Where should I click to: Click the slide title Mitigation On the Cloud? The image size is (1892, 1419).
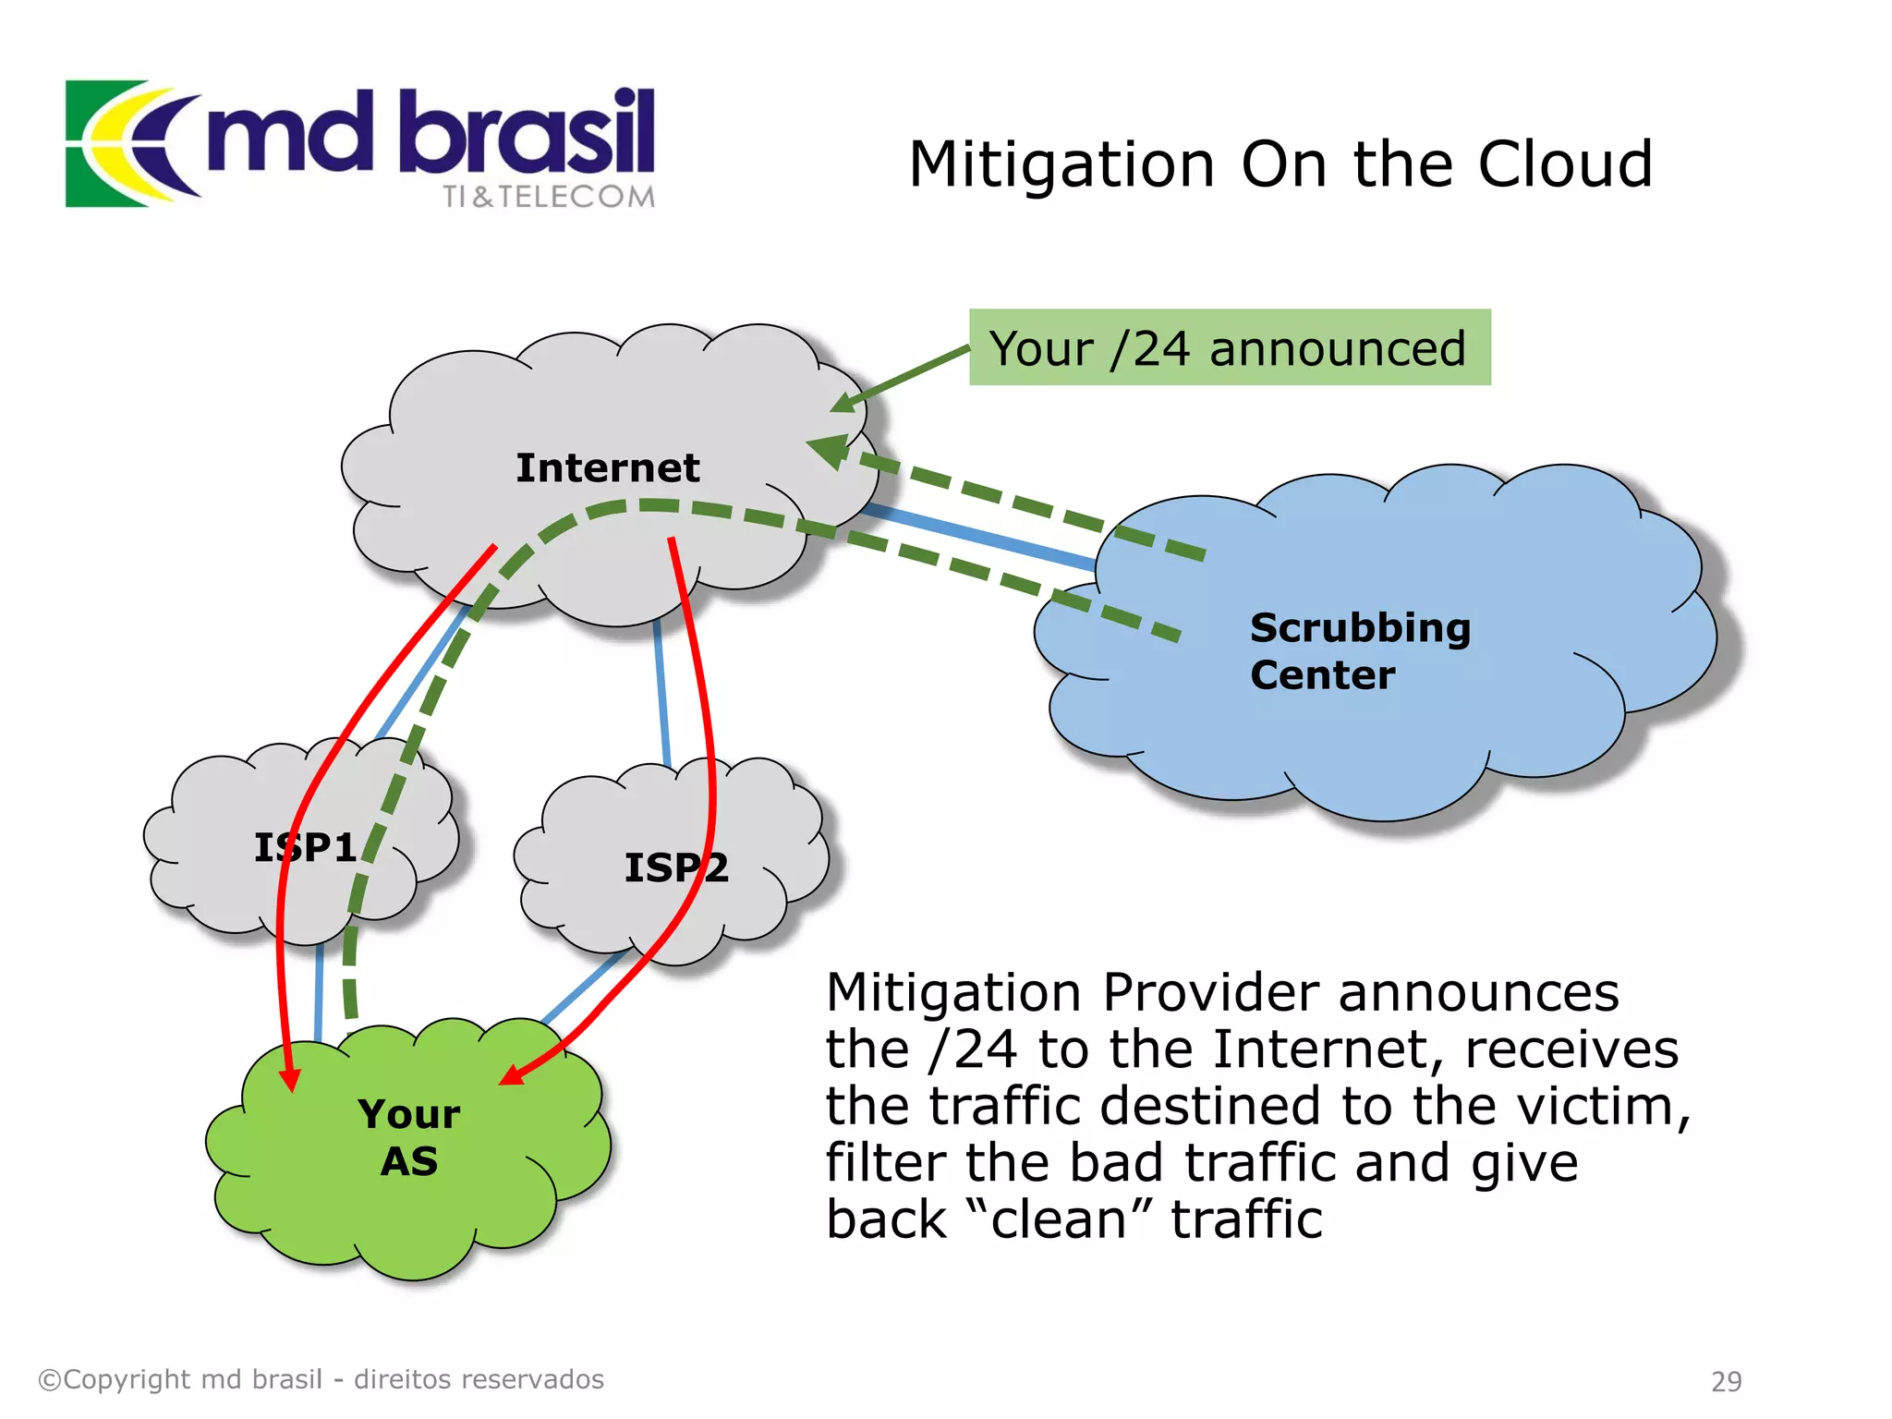pyautogui.click(x=1280, y=164)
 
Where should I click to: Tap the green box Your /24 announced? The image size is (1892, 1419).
pyautogui.click(x=1229, y=348)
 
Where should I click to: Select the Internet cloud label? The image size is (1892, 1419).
pyautogui.click(x=607, y=467)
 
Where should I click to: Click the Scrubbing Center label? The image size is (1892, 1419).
pyautogui.click(x=1358, y=650)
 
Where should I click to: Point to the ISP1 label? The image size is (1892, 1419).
pyautogui.click(x=305, y=847)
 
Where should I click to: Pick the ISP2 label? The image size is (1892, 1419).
pyautogui.click(x=676, y=867)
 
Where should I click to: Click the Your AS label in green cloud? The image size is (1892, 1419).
pyautogui.click(x=408, y=1137)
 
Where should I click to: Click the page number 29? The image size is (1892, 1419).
pyautogui.click(x=1726, y=1381)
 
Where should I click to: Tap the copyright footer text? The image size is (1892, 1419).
pyautogui.click(x=321, y=1379)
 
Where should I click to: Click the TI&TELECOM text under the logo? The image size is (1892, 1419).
pyautogui.click(x=548, y=197)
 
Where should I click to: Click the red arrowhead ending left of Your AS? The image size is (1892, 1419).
pyautogui.click(x=290, y=1079)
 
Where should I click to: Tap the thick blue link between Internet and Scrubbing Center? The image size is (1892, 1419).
pyautogui.click(x=979, y=536)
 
